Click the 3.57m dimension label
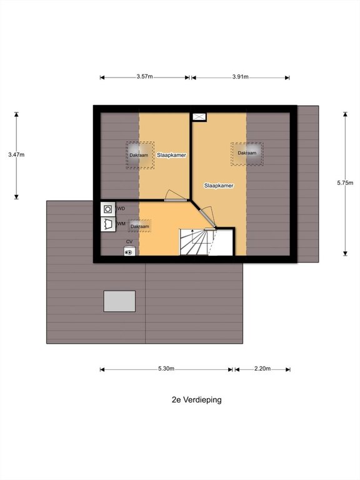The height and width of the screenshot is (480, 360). (x=144, y=76)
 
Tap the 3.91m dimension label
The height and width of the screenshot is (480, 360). (x=240, y=77)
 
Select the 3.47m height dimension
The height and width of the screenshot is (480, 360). (x=16, y=155)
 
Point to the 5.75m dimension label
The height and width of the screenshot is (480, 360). (x=345, y=183)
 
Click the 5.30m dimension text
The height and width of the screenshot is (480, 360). (x=166, y=369)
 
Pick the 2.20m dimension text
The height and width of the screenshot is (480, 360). (x=262, y=369)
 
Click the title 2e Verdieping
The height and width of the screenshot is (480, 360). (x=196, y=400)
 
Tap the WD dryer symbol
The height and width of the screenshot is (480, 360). (x=108, y=209)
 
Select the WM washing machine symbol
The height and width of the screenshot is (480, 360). (x=108, y=224)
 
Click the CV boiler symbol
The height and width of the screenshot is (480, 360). (x=129, y=252)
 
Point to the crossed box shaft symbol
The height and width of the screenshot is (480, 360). (x=199, y=117)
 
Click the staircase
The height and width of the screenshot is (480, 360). (x=206, y=242)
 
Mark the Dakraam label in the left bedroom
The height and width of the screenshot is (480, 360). (x=139, y=155)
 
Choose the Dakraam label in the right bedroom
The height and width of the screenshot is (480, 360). (x=247, y=153)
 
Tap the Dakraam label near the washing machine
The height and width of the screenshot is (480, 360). (x=140, y=226)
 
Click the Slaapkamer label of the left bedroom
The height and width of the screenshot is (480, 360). (x=171, y=155)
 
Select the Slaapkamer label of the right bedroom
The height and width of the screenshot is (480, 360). (x=219, y=186)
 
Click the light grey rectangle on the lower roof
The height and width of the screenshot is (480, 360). (x=119, y=301)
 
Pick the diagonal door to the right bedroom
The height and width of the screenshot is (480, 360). (x=207, y=219)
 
